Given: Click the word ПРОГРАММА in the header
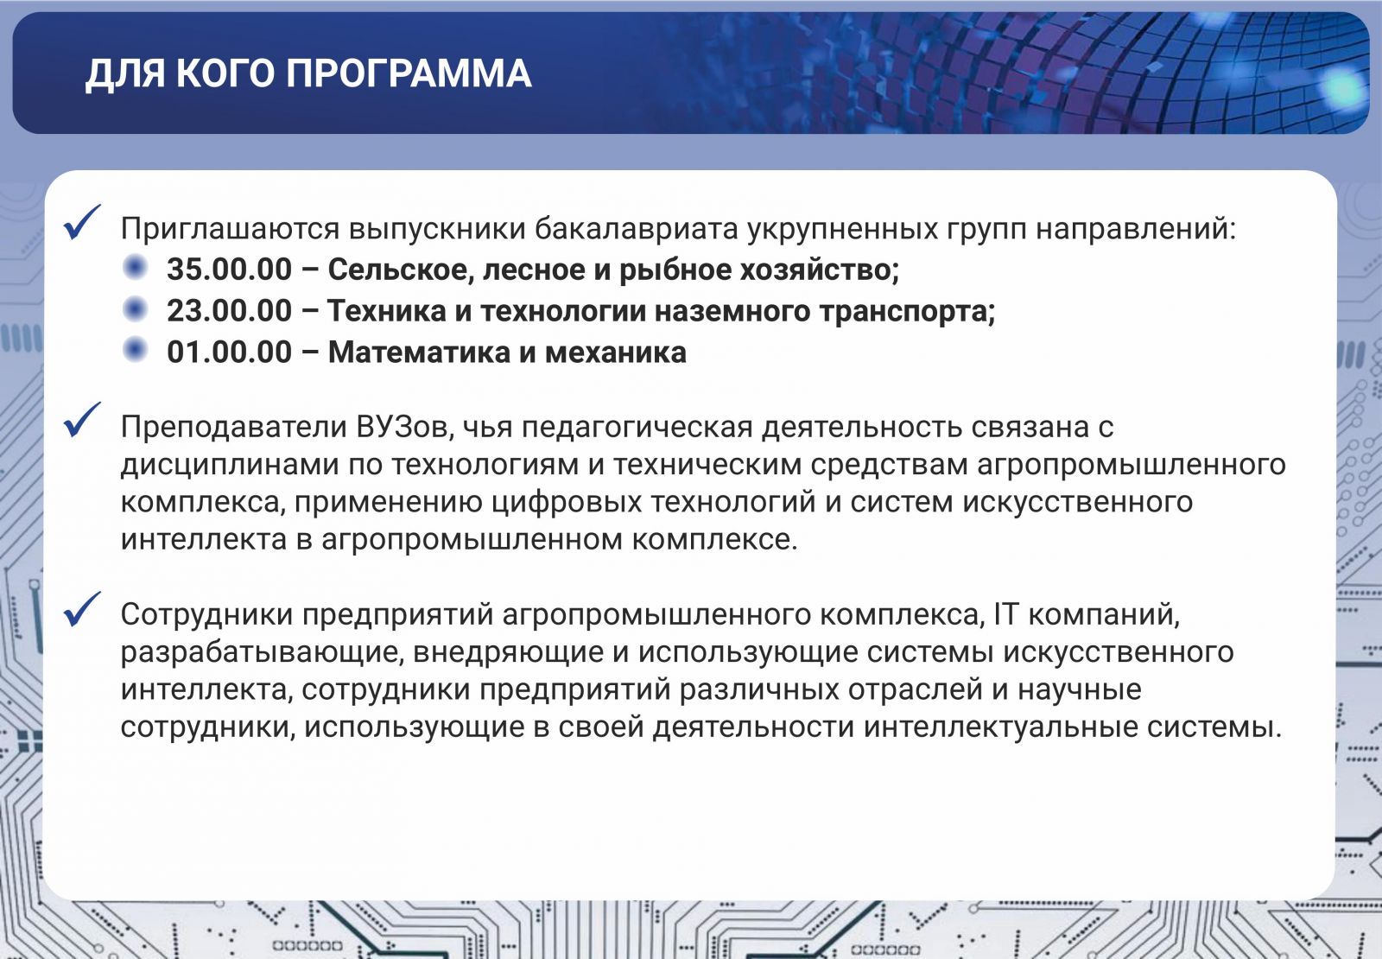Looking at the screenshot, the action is click(408, 74).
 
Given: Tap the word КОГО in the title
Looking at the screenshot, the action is click(225, 74).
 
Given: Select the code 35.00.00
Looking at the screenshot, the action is click(229, 270).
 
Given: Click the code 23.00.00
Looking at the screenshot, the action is click(229, 310).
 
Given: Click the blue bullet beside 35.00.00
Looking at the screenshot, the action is click(135, 267).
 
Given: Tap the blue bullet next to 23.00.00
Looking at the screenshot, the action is click(135, 308).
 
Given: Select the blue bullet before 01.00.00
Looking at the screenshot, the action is click(135, 350).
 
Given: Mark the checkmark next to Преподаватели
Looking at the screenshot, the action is click(81, 420).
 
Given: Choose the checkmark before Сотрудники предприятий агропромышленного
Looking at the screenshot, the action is click(81, 609).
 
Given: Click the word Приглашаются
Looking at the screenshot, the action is click(230, 229).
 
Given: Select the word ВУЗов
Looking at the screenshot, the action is click(405, 427).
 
